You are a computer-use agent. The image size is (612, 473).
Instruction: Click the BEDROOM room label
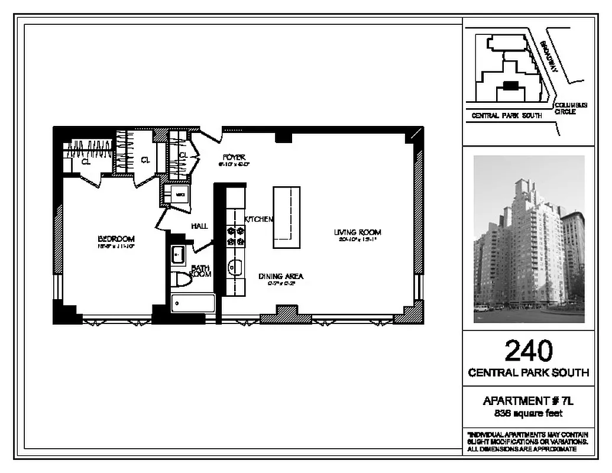pyautogui.click(x=116, y=239)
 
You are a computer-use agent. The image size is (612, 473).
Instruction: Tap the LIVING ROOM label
pyautogui.click(x=357, y=232)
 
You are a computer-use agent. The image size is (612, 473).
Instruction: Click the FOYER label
pyautogui.click(x=234, y=157)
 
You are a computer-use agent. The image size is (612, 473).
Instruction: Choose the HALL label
pyautogui.click(x=199, y=226)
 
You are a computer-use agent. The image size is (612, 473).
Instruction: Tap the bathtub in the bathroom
pyautogui.click(x=193, y=303)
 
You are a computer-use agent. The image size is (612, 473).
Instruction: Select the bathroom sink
pyautogui.click(x=179, y=255)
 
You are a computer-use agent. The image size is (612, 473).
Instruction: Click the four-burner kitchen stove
pyautogui.click(x=236, y=236)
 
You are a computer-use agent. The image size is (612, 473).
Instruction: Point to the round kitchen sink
pyautogui.click(x=235, y=268)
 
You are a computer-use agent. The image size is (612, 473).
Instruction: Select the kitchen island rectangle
pyautogui.click(x=286, y=218)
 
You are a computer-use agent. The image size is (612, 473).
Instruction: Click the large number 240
pyautogui.click(x=529, y=351)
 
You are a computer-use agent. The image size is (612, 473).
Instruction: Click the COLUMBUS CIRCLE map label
pyautogui.click(x=571, y=108)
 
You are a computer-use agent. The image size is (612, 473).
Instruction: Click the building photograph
pyautogui.click(x=529, y=239)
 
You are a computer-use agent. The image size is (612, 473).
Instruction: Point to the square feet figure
pyautogui.click(x=529, y=414)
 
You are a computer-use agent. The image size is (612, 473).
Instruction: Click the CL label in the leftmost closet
pyautogui.click(x=86, y=161)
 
